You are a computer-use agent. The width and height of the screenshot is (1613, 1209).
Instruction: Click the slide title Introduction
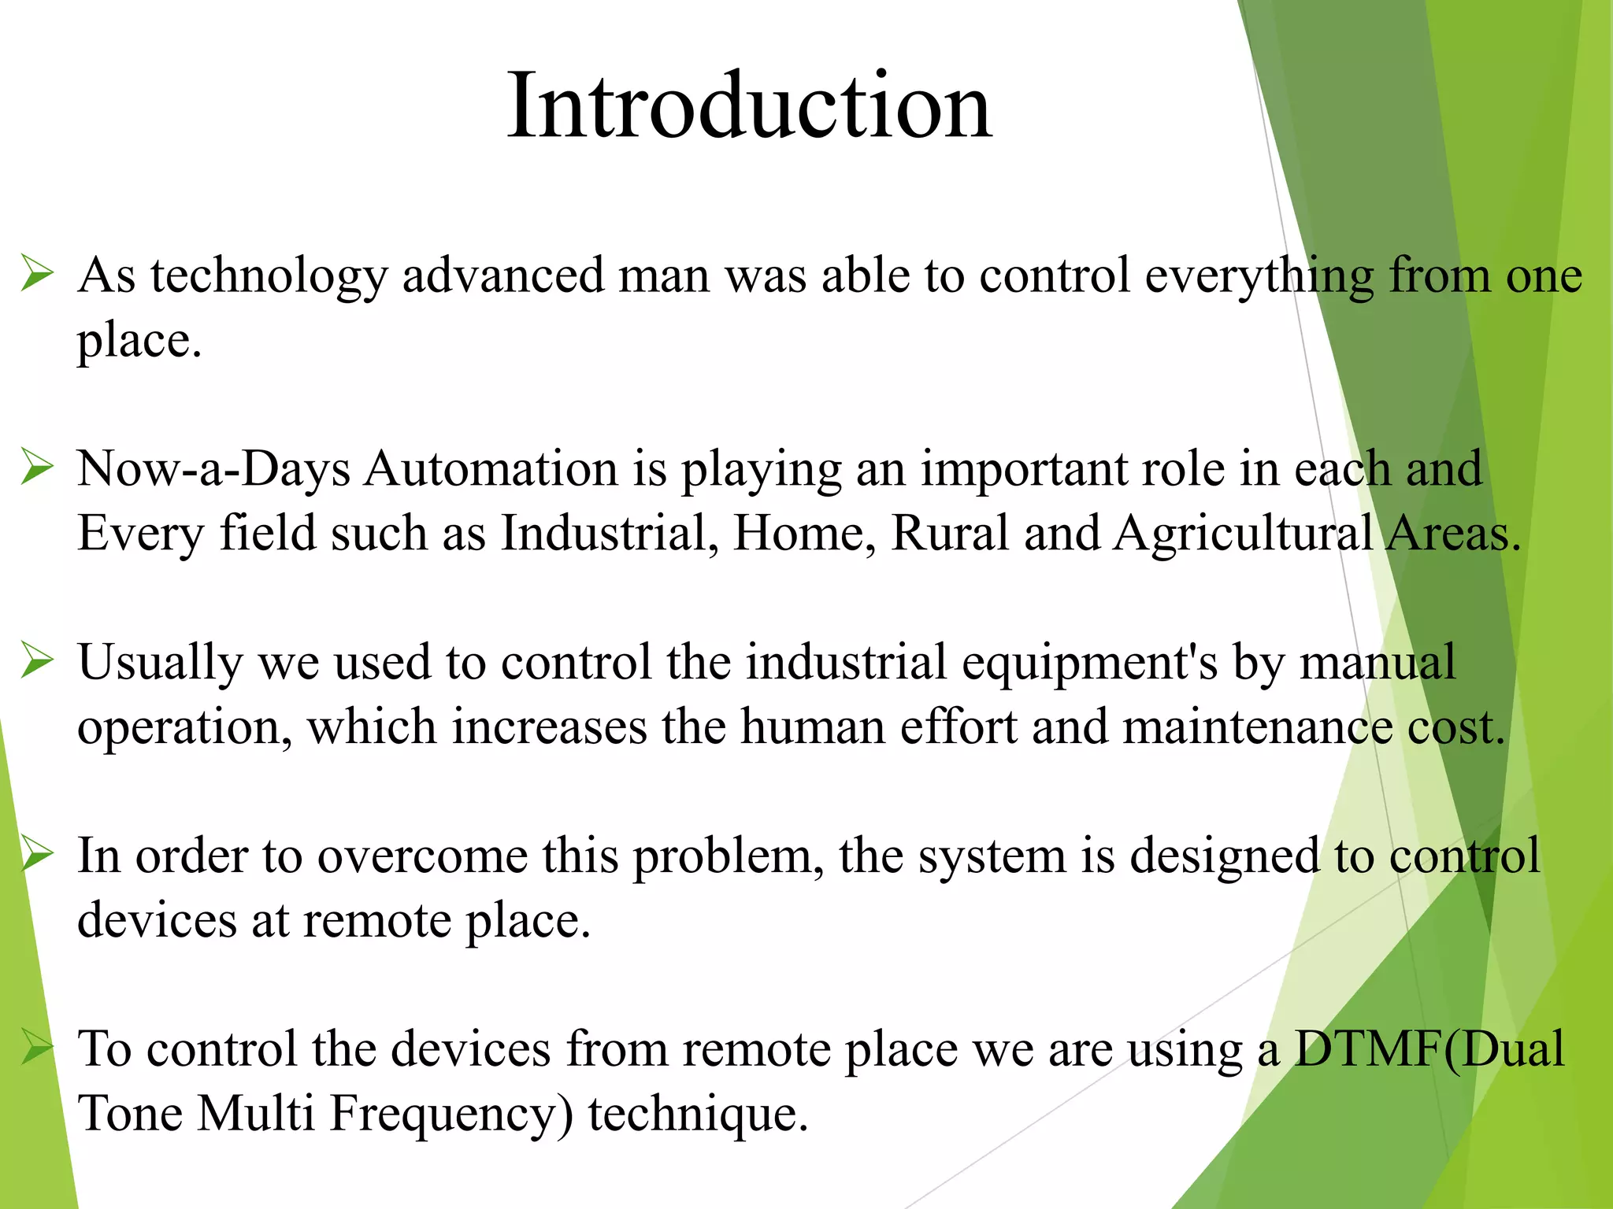tap(749, 105)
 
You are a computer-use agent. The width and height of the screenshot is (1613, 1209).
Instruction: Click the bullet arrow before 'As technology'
tap(37, 273)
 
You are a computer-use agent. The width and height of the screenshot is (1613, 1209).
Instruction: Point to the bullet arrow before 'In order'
tap(37, 853)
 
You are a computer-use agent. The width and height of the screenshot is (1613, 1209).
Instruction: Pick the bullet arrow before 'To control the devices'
tap(37, 1047)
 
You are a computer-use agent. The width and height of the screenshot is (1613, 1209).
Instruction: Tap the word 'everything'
tap(1259, 277)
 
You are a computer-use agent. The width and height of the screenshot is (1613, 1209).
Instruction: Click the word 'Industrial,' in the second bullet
tap(610, 534)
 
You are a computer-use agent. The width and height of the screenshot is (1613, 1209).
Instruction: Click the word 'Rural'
tap(949, 534)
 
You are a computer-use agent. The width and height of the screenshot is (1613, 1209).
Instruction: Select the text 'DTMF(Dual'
tap(1429, 1050)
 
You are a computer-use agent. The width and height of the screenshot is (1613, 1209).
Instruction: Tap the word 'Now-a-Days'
tap(213, 469)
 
